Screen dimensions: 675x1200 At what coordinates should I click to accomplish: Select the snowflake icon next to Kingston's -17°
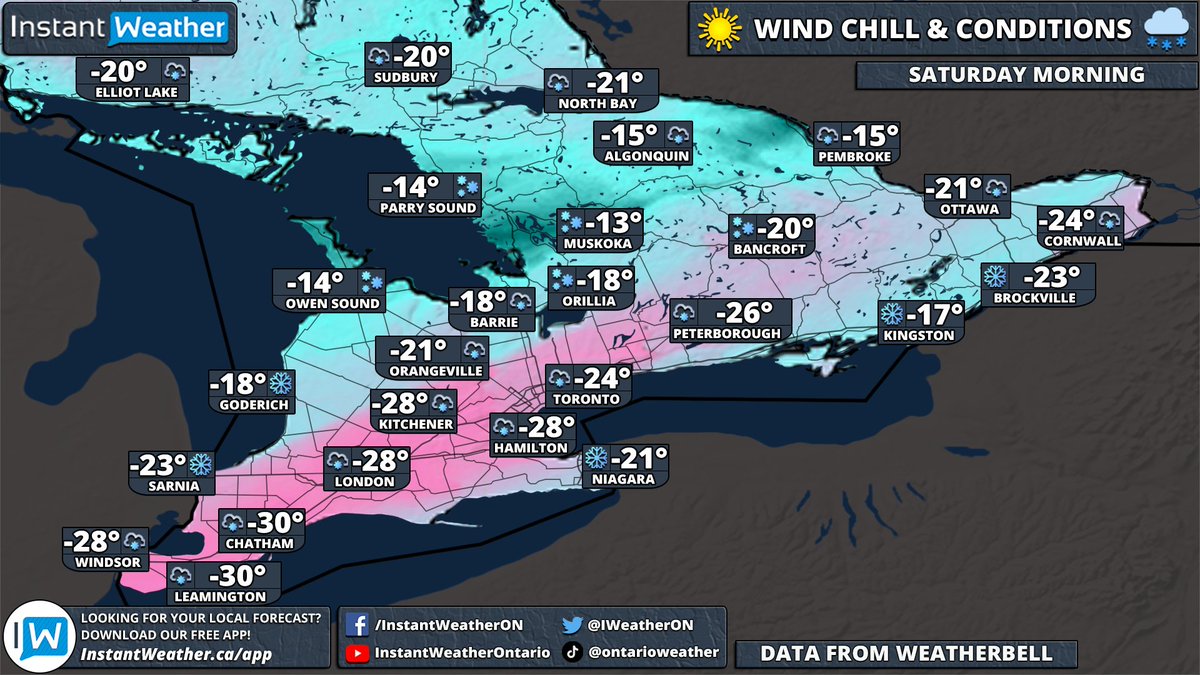pos(891,314)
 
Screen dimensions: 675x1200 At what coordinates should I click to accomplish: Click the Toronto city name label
pos(590,399)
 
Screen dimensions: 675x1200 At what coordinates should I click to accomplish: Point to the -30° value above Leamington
pos(238,576)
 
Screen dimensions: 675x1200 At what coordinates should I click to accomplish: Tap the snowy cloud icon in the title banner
pos(1164,28)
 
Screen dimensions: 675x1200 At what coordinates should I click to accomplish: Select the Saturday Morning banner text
pos(1026,75)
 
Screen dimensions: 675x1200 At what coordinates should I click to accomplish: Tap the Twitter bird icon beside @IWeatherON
pos(572,625)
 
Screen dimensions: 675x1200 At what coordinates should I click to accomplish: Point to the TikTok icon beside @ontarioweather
pos(572,652)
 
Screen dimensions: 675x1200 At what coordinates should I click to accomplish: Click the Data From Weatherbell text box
pos(906,654)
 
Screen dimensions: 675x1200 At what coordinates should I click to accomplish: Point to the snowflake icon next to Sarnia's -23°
pos(201,464)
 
